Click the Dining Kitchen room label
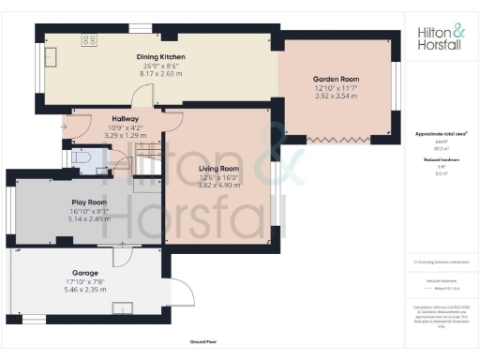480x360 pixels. coord(160,57)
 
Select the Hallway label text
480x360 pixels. coord(125,119)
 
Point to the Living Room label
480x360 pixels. coord(219,169)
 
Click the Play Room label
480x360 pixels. coord(90,202)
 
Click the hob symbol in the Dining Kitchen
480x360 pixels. coord(91,40)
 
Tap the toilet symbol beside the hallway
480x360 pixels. coord(82,159)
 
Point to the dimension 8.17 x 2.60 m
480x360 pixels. coord(160,73)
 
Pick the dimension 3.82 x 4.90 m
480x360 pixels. coord(219,186)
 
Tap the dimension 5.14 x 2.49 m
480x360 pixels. coord(90,217)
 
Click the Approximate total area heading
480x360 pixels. coord(442,134)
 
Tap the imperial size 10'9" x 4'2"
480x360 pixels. coord(125,127)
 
